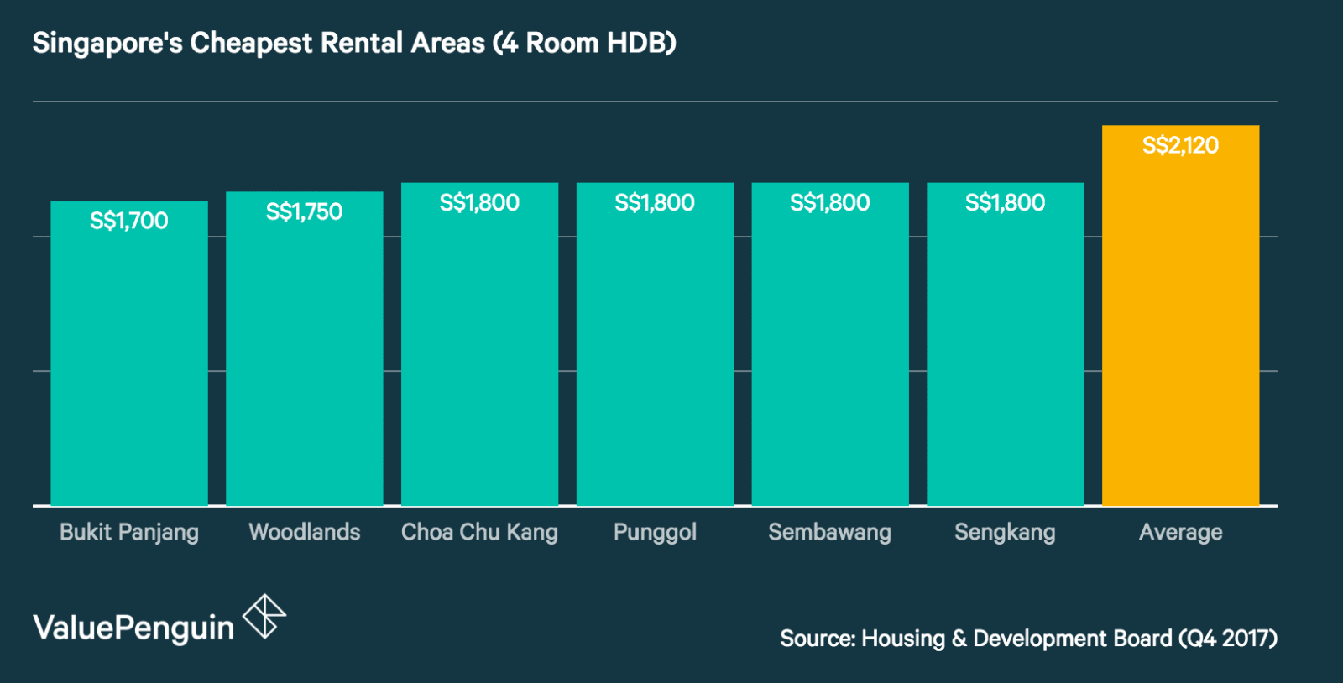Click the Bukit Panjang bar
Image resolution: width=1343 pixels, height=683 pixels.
tap(129, 361)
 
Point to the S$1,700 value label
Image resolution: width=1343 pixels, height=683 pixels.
tap(129, 221)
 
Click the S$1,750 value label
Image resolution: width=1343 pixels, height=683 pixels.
tap(304, 211)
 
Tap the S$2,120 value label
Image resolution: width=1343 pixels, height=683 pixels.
tap(1180, 145)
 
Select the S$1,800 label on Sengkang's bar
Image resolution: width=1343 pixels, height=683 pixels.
tap(1005, 202)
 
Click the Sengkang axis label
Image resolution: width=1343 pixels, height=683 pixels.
tap(1005, 532)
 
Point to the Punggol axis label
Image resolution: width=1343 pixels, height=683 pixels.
tap(655, 532)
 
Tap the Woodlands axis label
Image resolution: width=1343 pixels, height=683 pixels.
tap(304, 532)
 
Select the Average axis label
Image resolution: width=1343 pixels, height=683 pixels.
tap(1180, 532)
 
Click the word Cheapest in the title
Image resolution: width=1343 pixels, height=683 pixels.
tap(251, 43)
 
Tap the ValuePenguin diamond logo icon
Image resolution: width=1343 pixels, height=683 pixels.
tap(264, 617)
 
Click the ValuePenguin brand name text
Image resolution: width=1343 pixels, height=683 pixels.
tap(133, 628)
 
